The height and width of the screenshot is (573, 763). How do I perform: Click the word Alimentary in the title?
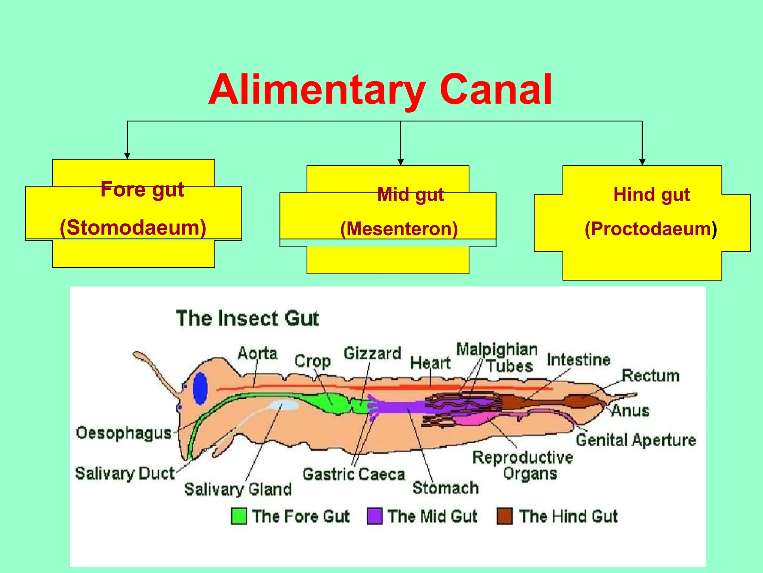pyautogui.click(x=317, y=90)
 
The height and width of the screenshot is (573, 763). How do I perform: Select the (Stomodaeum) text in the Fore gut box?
pyautogui.click(x=133, y=228)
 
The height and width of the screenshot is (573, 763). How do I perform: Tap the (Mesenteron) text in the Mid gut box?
pyautogui.click(x=399, y=229)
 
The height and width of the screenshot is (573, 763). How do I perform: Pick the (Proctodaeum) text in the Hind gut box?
pyautogui.click(x=650, y=229)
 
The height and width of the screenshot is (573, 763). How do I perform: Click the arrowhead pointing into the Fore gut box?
pyautogui.click(x=127, y=156)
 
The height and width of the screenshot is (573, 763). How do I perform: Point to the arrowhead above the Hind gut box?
pyautogui.click(x=642, y=162)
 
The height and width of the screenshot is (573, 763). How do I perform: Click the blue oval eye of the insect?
pyautogui.click(x=200, y=388)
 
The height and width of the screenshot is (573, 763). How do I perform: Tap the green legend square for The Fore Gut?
pyautogui.click(x=238, y=516)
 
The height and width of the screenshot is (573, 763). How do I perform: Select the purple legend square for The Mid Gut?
pyautogui.click(x=374, y=516)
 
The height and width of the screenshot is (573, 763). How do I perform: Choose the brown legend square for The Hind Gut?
pyautogui.click(x=504, y=516)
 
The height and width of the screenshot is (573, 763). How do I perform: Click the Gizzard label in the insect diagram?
pyautogui.click(x=372, y=353)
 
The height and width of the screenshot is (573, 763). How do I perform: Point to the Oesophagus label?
pyautogui.click(x=124, y=433)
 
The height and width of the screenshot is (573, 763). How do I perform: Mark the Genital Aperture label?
pyautogui.click(x=636, y=440)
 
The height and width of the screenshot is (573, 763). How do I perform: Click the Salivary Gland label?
pyautogui.click(x=238, y=489)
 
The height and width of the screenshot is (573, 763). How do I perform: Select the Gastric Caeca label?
pyautogui.click(x=354, y=475)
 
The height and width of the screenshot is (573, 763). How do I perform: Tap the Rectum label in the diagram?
pyautogui.click(x=650, y=376)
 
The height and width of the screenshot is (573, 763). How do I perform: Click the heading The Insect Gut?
pyautogui.click(x=247, y=319)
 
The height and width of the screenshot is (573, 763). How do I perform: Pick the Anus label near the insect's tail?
pyautogui.click(x=630, y=411)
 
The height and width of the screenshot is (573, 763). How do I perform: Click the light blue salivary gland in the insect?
pyautogui.click(x=285, y=406)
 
